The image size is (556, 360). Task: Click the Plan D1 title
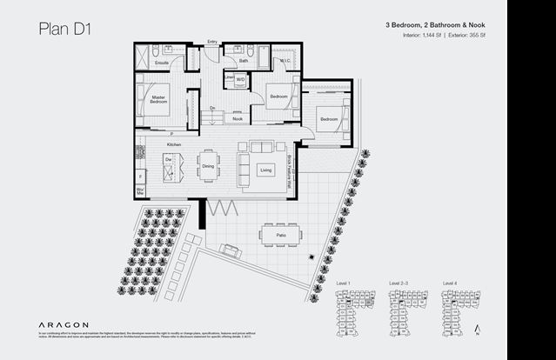[x=65, y=28]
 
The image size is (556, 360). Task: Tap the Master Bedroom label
[x=157, y=99]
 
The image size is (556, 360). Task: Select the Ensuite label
[x=162, y=63]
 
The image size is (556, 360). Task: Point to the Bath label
[x=244, y=61]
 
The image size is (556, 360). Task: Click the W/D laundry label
[x=241, y=79]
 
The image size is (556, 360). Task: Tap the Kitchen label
[x=174, y=143]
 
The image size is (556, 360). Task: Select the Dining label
[x=208, y=165]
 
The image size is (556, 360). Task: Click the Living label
[x=265, y=170]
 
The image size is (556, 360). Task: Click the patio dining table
[x=279, y=233]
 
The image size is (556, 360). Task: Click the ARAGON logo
[x=64, y=323]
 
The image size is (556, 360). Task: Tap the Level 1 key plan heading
[x=343, y=283]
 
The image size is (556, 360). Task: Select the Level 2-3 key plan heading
[x=399, y=283]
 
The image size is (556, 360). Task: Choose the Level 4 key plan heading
[x=450, y=283]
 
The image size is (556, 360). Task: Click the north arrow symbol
[x=478, y=328]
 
